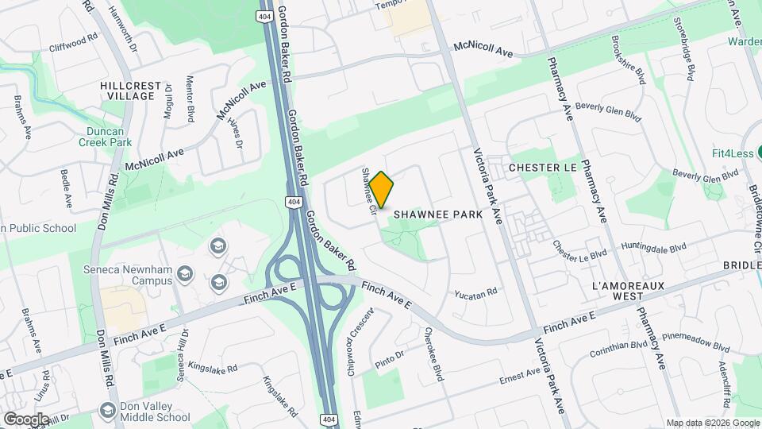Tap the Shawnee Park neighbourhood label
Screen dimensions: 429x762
tap(438, 214)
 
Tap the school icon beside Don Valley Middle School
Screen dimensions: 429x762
tap(108, 409)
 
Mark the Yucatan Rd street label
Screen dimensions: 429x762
tap(475, 293)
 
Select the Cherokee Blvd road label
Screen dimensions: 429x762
tap(432, 354)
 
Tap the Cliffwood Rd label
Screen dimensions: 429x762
tap(72, 47)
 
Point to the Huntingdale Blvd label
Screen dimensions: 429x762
tap(654, 248)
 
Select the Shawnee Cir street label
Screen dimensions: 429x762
tap(368, 192)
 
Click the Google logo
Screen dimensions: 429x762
tap(26, 419)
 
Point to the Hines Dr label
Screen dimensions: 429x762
tap(235, 129)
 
